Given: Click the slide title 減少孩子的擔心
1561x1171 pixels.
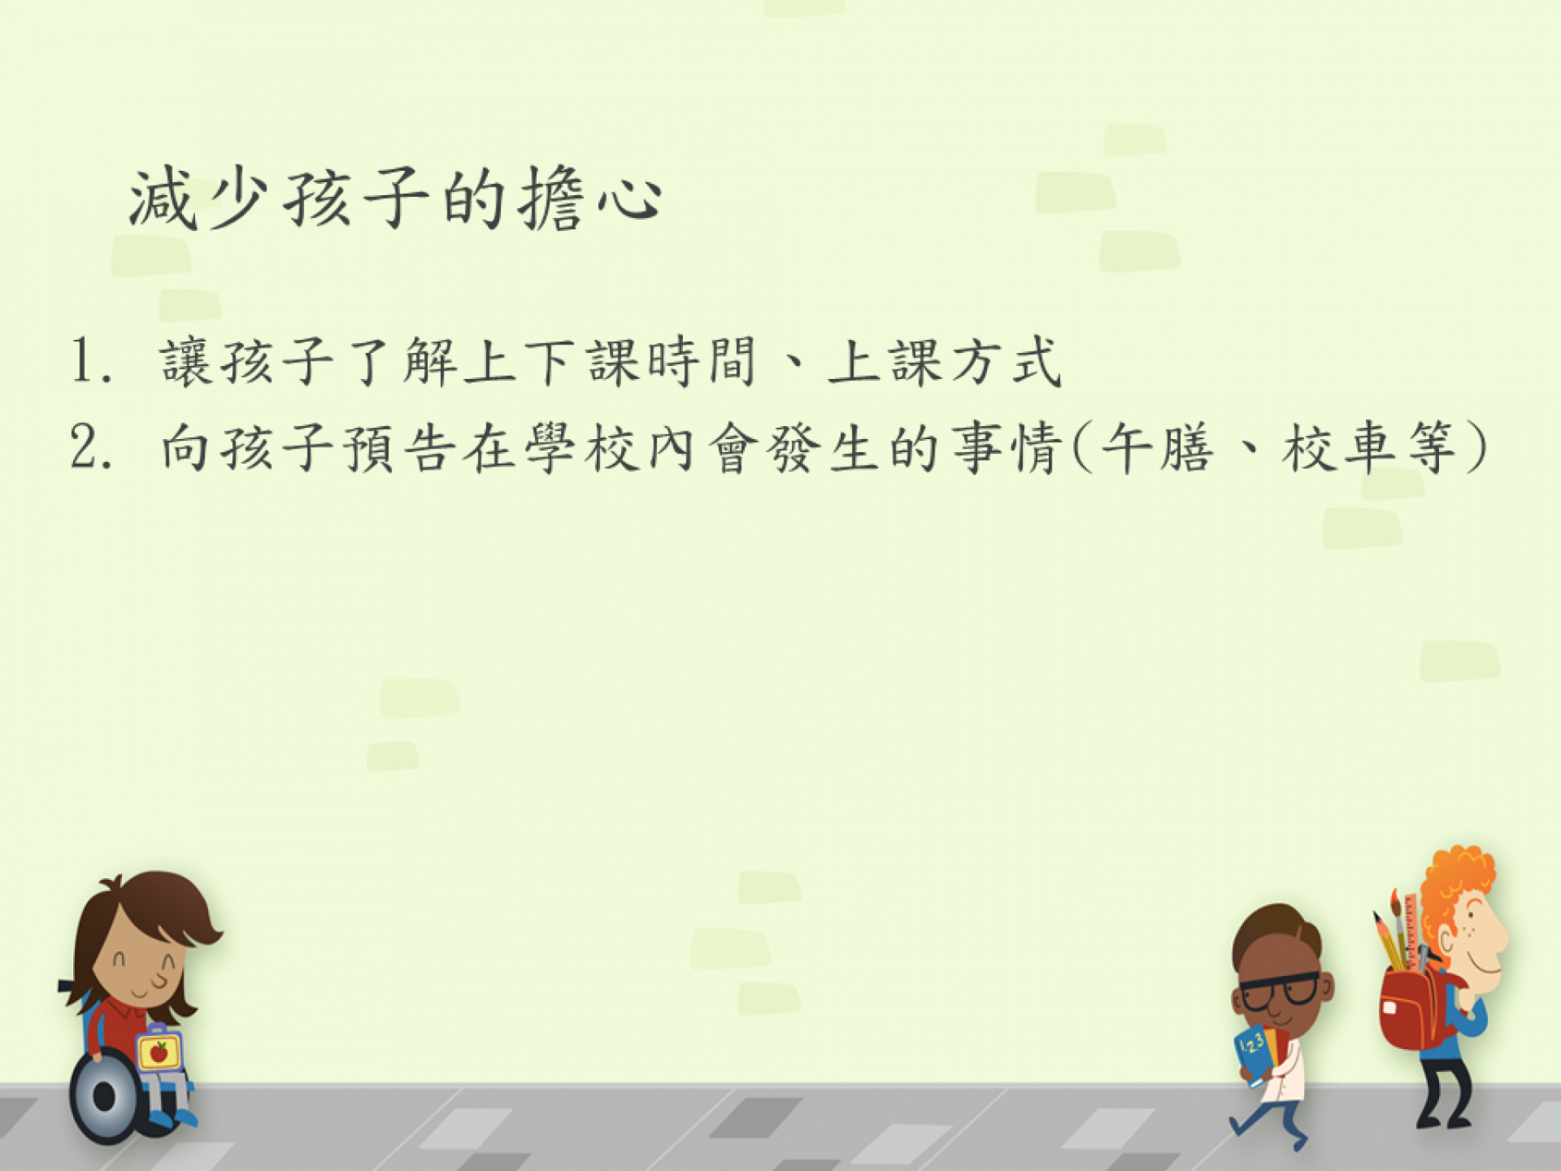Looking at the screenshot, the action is coord(396,198).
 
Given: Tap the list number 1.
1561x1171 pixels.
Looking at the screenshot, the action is coord(91,361).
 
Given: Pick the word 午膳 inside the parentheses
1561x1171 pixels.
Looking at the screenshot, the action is coord(1157,447).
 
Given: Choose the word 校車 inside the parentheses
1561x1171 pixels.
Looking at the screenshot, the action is coord(1336,447).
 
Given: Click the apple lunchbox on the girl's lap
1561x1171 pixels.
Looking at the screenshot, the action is coord(159,1051).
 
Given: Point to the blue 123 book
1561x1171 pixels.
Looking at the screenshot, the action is coord(1253,1054).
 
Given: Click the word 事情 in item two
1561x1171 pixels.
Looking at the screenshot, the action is coord(1007,447).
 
